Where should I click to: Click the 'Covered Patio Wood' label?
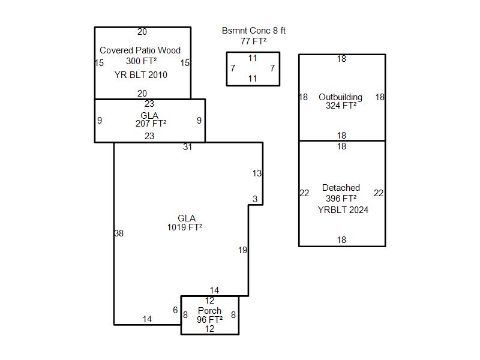coord(140,50)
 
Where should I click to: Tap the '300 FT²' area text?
coord(142,61)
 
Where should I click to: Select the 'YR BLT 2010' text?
coord(141,74)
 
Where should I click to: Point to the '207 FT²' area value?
coord(151,124)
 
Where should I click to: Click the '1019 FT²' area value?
coord(185,227)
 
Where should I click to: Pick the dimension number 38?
coord(119,233)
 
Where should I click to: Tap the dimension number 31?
coord(188,147)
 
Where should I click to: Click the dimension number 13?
coord(257,173)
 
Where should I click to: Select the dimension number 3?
coord(255,199)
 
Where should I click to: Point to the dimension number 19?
coord(243,250)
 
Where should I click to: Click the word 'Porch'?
coord(209,311)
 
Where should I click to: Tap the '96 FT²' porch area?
coord(209,320)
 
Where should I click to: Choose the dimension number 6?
coord(175,310)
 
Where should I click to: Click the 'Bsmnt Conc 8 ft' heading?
coord(254,31)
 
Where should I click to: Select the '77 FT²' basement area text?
coord(253,41)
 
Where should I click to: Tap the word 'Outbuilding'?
coord(340,97)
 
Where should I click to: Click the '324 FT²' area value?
coord(341,106)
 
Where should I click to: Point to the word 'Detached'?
coord(341,188)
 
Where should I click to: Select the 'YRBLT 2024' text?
coord(343,209)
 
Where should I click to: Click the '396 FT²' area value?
coord(341,199)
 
